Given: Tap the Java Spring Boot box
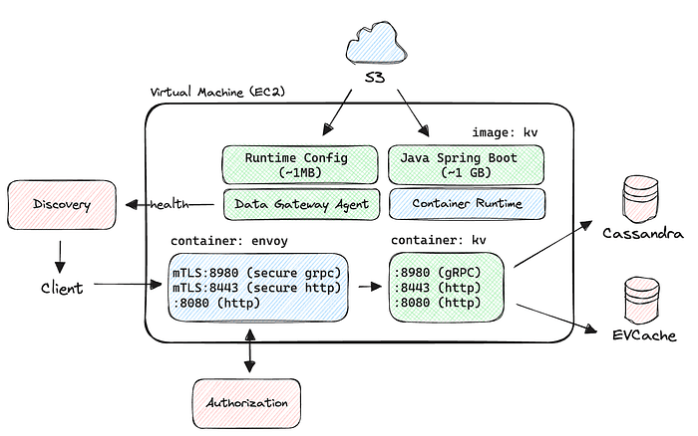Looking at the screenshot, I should click(466, 163).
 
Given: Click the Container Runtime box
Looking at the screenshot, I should click(466, 204).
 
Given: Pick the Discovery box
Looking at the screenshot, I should click(61, 205).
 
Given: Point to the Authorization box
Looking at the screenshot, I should click(246, 402).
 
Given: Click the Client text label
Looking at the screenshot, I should click(61, 288).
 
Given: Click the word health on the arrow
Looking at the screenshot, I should click(170, 205).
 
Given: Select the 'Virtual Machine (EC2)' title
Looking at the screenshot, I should click(210, 92).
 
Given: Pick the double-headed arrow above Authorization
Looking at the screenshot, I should click(246, 353).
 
